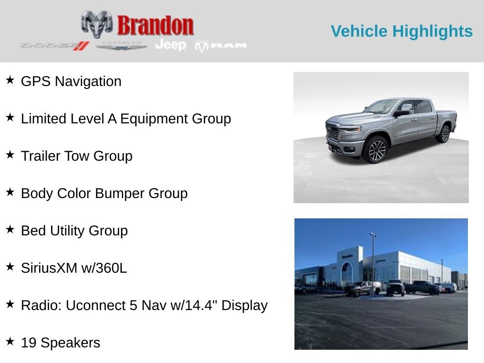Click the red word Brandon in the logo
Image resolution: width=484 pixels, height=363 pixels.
pos(155,26)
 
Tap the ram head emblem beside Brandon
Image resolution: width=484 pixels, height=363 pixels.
pos(97,24)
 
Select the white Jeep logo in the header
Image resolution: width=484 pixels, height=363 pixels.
pos(171,45)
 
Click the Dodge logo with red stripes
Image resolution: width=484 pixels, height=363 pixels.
pos(55,46)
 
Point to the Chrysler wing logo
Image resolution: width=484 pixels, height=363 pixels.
pos(121,46)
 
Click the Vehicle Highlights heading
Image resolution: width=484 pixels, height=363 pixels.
pos(402,31)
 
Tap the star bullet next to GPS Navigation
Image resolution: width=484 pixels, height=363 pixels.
pos(10,80)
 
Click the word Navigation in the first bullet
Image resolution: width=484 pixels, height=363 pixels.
pos(88,82)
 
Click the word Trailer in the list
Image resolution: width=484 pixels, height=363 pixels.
pos(41,156)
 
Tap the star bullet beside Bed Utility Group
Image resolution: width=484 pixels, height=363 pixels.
pos(10,229)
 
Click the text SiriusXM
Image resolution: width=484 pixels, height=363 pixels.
pos(49,268)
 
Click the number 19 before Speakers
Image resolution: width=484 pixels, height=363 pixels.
pos(29,343)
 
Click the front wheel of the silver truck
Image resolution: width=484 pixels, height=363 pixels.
pos(376,150)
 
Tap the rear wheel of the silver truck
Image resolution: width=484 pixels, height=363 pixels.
pos(444,134)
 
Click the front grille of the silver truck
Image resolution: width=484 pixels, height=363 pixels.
pos(333,131)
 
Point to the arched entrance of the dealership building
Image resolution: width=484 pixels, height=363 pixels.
pos(347,272)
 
